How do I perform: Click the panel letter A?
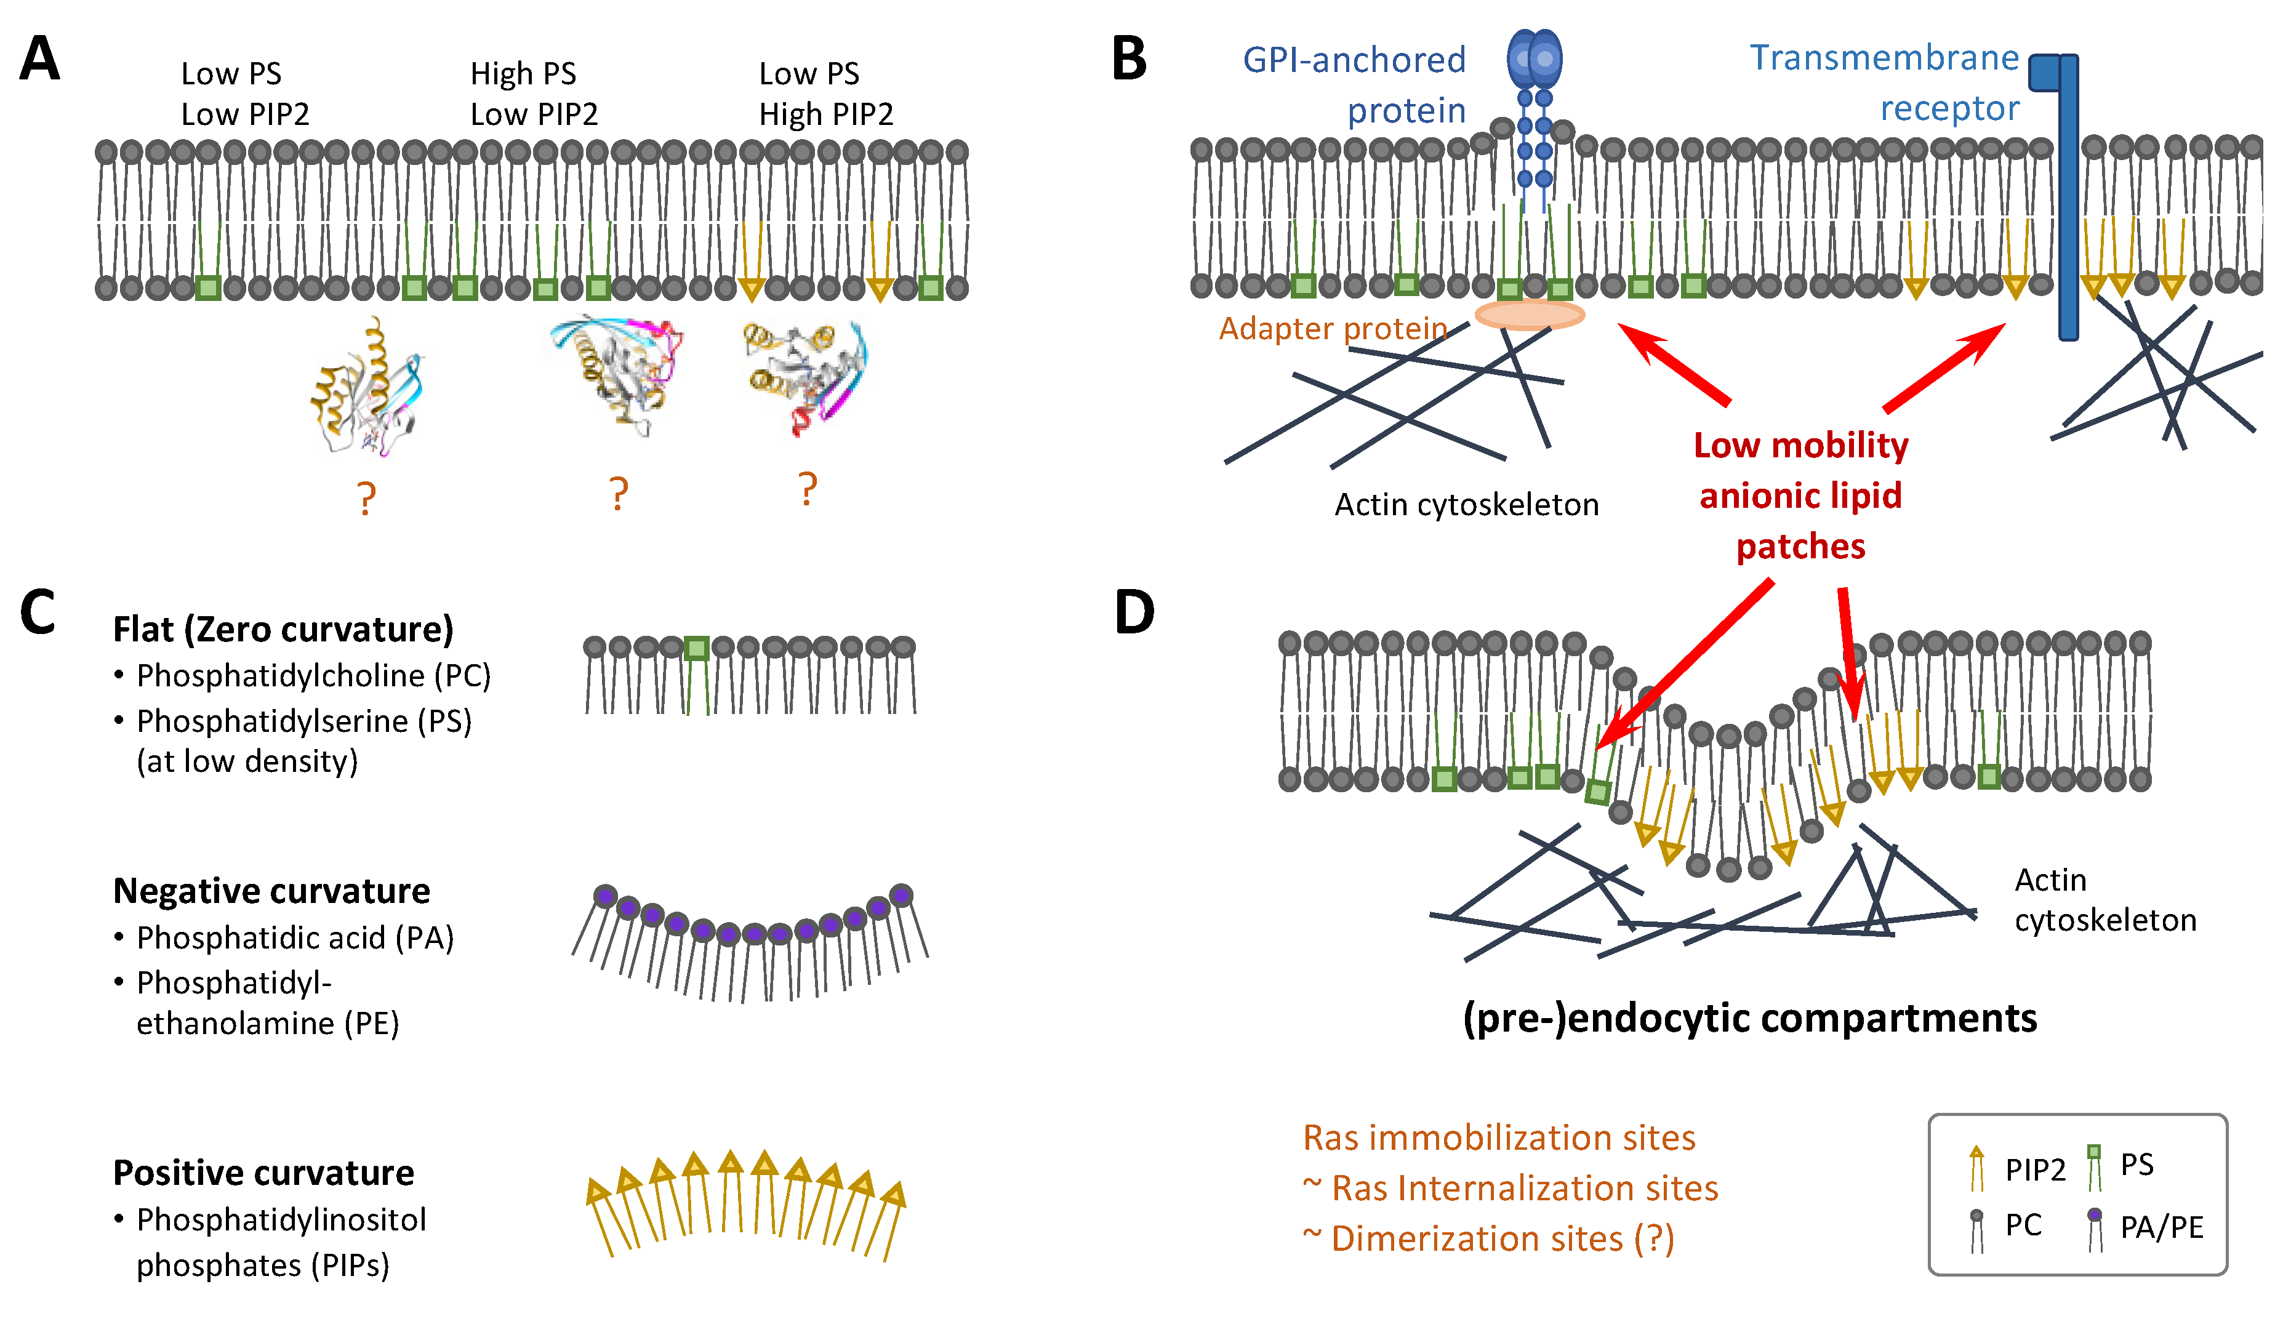tap(39, 60)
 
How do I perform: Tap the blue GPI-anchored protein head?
tap(1534, 58)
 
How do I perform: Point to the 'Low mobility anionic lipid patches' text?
tap(1800, 495)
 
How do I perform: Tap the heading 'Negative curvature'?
tap(271, 891)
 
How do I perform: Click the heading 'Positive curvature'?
tap(263, 1173)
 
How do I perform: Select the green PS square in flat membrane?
tap(696, 648)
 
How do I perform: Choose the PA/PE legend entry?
tap(2146, 1227)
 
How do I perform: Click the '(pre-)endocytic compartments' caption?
tap(1749, 1019)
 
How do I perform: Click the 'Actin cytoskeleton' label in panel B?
tap(1466, 505)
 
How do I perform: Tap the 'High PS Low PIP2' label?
tap(534, 94)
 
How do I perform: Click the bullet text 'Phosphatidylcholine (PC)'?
tap(313, 676)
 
